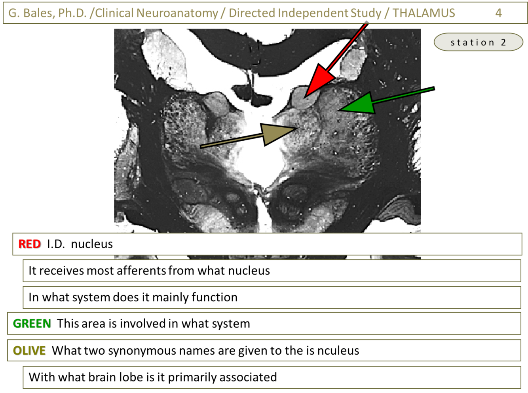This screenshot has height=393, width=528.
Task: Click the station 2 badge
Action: pos(478,42)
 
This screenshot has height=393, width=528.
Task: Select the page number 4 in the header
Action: pos(498,13)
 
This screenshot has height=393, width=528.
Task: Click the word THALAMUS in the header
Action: pos(424,13)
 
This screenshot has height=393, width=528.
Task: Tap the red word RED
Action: pos(30,244)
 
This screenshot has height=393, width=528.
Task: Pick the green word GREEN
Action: pos(32,324)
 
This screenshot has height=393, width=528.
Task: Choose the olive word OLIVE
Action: pos(29,351)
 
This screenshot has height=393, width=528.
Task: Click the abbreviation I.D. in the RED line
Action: pos(56,244)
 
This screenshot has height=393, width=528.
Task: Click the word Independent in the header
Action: pos(312,13)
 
